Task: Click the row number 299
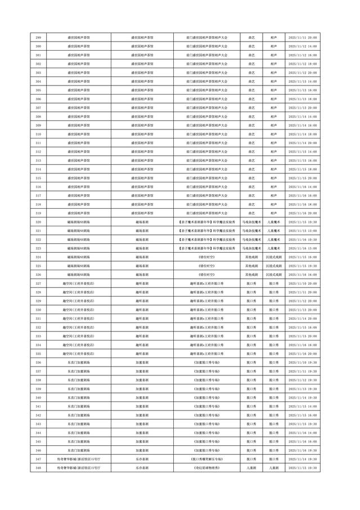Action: point(38,37)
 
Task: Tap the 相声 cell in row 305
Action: point(274,90)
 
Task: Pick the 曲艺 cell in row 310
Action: point(250,134)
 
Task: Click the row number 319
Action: point(38,213)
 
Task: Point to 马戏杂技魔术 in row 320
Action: point(250,222)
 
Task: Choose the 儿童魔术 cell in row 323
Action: point(274,248)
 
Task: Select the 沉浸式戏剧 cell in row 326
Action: point(274,275)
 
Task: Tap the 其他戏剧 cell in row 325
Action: point(250,266)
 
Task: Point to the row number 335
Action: point(38,354)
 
